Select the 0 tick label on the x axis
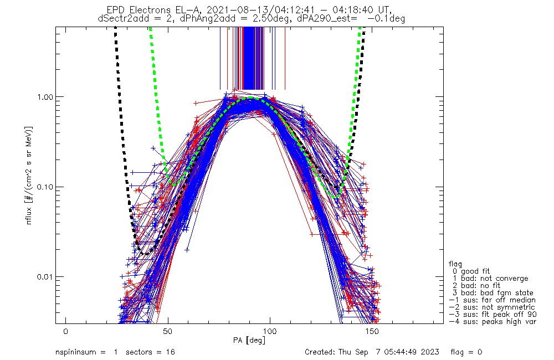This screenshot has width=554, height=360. (66, 331)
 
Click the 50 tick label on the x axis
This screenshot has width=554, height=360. (168, 331)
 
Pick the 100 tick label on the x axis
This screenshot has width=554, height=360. (270, 331)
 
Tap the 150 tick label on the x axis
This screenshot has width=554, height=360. (372, 331)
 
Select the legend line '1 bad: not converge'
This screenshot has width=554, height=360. (489, 279)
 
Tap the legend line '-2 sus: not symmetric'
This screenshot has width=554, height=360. (492, 307)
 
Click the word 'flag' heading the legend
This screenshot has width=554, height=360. (455, 264)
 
